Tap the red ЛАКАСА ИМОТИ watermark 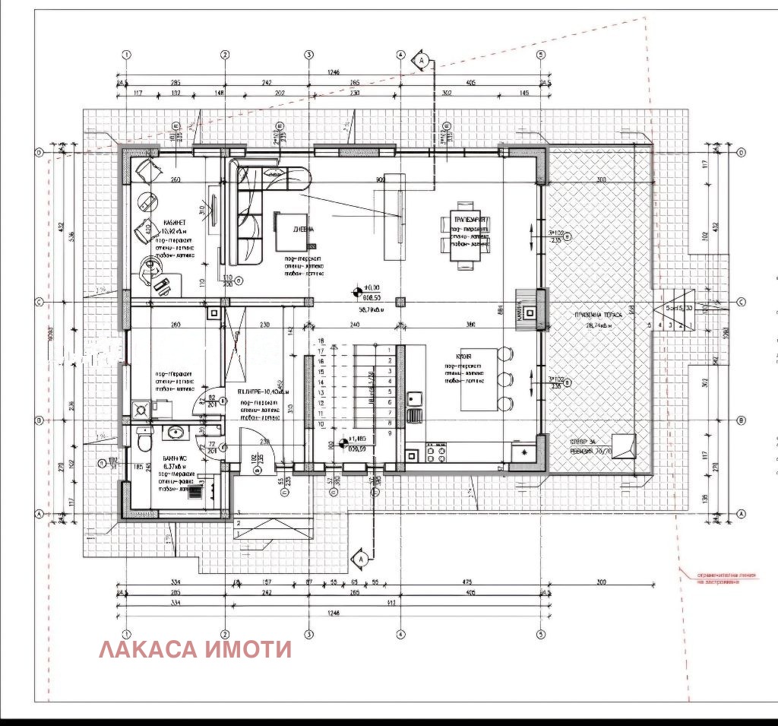195,650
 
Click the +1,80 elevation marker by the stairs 343,442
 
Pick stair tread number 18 321,341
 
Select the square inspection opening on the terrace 625,445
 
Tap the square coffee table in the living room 290,231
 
